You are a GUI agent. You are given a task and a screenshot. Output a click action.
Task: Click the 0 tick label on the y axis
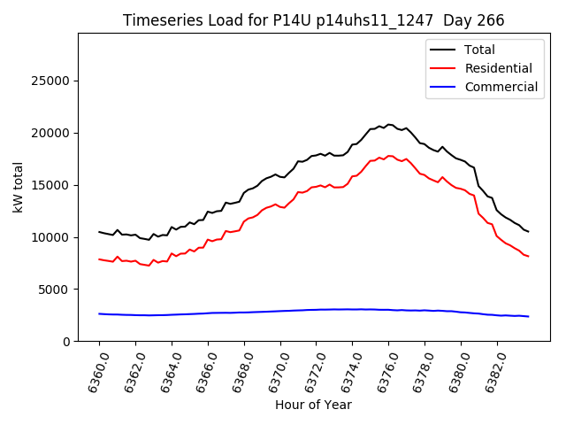pos(66,342)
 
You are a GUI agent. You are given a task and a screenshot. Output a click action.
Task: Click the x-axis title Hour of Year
pos(313,405)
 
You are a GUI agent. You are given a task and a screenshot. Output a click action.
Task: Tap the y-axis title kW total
pos(18,188)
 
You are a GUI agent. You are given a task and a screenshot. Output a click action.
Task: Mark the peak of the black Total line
pos(388,125)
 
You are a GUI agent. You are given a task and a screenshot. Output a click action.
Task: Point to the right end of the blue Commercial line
pos(528,316)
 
